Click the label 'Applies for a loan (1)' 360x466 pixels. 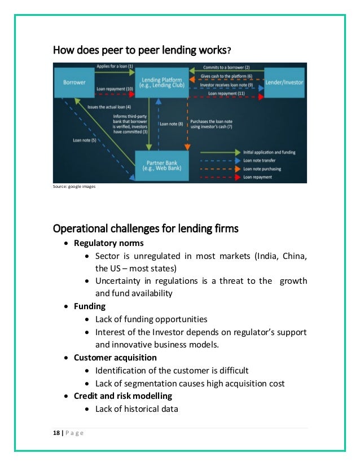click(x=115, y=67)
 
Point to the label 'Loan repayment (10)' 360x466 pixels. click(x=115, y=89)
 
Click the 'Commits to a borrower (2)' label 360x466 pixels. click(x=227, y=67)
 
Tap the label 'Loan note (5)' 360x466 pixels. click(x=85, y=140)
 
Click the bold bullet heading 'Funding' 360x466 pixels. click(x=89, y=306)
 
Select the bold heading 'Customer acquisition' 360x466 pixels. click(x=115, y=357)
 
